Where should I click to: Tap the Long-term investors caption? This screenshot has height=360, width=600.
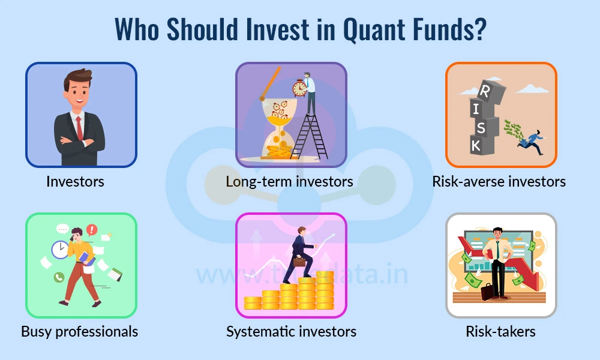289,181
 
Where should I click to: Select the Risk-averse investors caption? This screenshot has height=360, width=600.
499,181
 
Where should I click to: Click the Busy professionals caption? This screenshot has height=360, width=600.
79,331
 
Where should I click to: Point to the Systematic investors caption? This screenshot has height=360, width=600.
291,331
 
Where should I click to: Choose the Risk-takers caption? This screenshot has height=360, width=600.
501,331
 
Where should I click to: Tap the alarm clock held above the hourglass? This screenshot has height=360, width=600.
300,89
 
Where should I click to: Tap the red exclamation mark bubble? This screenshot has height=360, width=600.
92,229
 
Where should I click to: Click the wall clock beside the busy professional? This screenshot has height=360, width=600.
60,249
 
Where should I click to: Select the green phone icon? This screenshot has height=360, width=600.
59,277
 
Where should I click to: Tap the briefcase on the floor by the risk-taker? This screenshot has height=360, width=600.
487,292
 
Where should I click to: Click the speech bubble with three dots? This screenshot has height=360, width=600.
63,229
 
